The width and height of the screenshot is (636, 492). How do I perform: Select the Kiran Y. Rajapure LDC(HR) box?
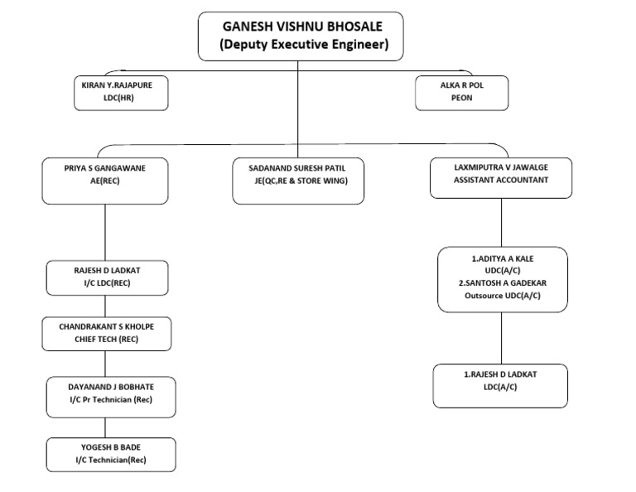(122, 92)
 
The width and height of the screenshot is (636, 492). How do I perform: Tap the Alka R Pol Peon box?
(462, 92)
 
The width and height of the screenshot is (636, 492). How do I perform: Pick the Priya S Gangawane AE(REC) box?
(104, 180)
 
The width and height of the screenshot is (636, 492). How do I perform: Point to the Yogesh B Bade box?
(110, 453)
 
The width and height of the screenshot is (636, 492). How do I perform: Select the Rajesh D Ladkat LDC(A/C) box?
(499, 386)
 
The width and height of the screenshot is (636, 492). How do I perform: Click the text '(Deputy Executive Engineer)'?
(303, 46)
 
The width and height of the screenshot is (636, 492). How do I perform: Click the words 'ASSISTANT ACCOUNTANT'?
(500, 180)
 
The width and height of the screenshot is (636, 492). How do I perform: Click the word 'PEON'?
(462, 98)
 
